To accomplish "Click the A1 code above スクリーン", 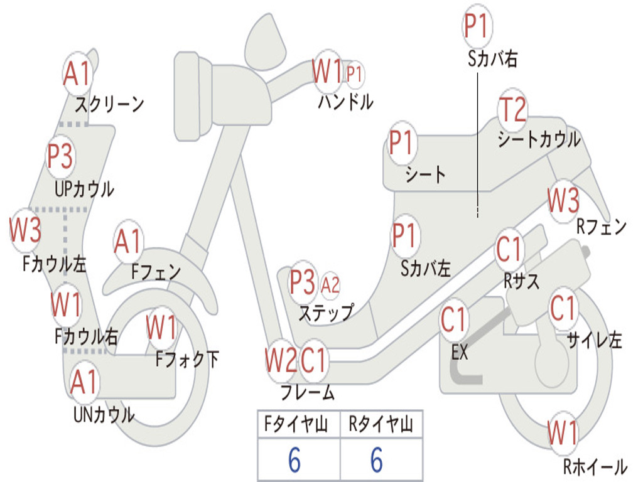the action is tap(77, 74).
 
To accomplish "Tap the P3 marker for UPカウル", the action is tap(60, 156).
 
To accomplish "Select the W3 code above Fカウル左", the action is tap(25, 230).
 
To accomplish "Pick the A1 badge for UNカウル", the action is tap(84, 382).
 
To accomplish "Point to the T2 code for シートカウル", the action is tap(512, 109).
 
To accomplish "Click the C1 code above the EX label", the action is tap(453, 320).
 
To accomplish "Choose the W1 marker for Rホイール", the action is tap(562, 433).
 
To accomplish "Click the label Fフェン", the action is tap(156, 271).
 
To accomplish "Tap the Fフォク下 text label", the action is tap(187, 359).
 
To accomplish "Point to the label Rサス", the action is tap(521, 281).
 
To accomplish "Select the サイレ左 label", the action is tap(594, 340).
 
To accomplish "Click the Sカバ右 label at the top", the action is tap(492, 58).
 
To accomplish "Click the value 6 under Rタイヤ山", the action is tap(377, 459).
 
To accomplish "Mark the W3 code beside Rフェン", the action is tap(563, 200).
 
